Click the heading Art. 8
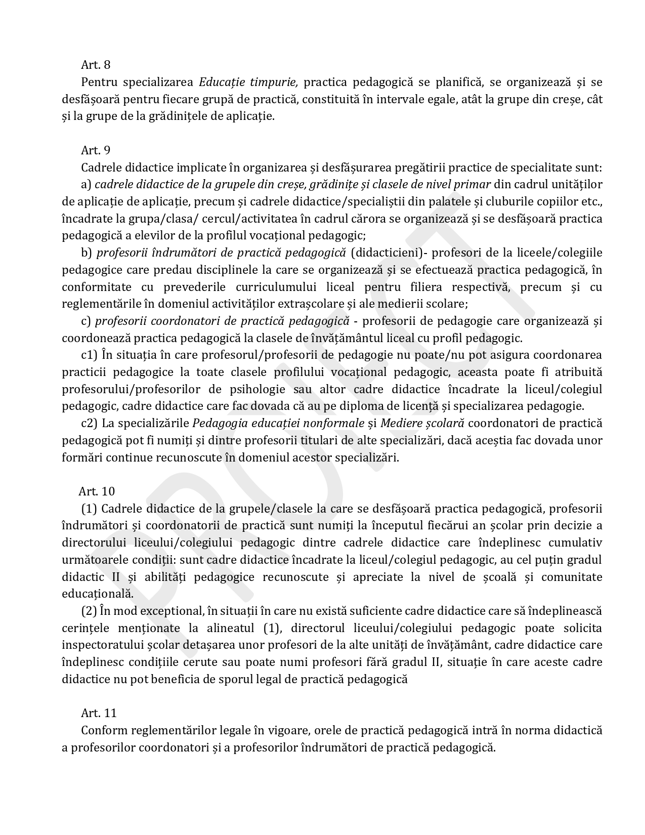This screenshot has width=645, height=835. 96,65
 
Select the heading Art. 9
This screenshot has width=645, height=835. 96,150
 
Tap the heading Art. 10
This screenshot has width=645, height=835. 97,491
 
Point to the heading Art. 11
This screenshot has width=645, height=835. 99,713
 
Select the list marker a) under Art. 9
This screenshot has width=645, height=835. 86,185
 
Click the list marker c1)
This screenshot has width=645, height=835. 90,355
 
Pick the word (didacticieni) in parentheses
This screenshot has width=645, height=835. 389,253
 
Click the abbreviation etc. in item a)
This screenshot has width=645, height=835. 591,201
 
